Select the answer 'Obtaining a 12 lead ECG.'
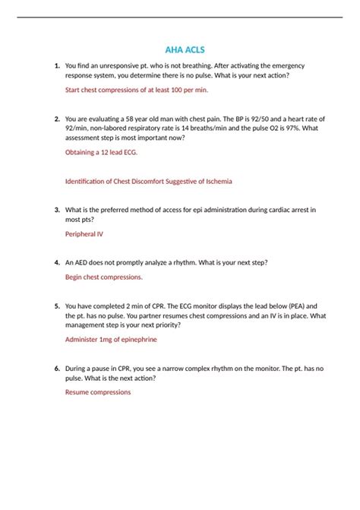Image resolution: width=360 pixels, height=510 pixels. coord(102,152)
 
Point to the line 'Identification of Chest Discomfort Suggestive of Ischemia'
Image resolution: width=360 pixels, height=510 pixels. coord(149,182)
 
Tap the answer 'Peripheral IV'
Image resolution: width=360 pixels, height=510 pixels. coord(84,234)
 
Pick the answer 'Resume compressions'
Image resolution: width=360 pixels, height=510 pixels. coord(98,392)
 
